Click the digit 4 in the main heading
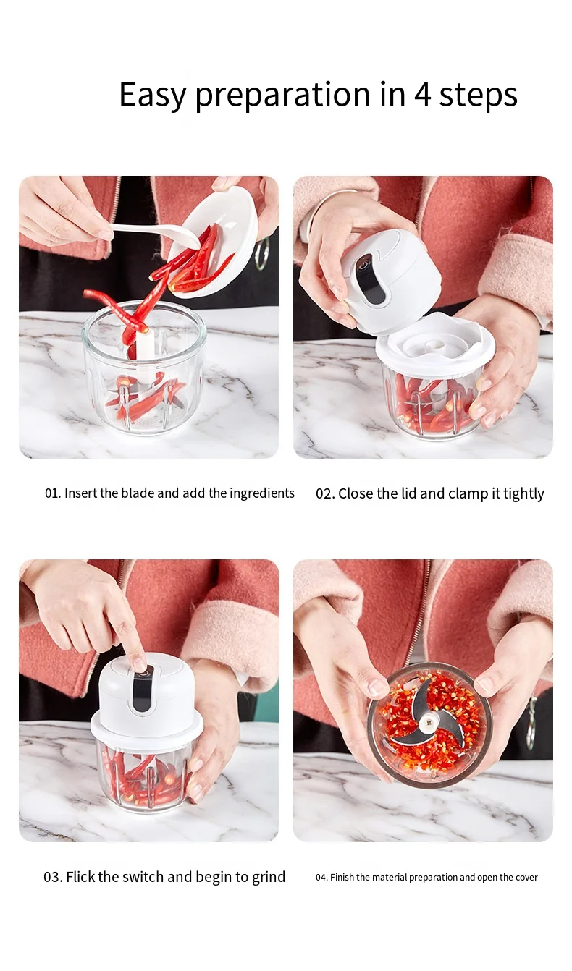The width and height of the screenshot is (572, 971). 422,95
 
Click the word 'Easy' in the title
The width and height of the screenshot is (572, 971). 153,96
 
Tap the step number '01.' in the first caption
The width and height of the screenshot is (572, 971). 53,493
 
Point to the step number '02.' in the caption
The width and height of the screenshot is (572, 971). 325,493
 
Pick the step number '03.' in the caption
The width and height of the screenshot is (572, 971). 54,877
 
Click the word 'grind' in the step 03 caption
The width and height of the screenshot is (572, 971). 269,878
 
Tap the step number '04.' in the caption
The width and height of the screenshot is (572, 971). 321,878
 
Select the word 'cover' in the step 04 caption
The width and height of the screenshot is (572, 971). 527,878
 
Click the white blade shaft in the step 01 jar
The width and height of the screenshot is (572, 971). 143,351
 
